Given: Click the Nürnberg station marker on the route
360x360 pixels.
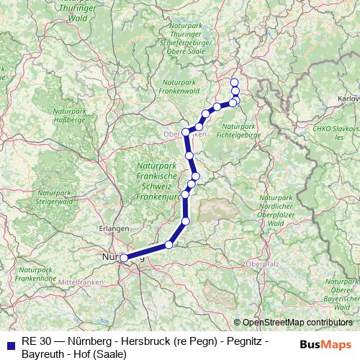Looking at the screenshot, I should (x=124, y=257).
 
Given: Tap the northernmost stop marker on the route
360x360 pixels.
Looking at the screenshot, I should (x=234, y=82).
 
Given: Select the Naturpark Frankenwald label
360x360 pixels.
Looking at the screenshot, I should (x=179, y=89).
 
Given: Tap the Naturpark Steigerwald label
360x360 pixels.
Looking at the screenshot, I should (x=55, y=198).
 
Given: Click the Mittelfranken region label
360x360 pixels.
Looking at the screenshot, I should (x=81, y=282).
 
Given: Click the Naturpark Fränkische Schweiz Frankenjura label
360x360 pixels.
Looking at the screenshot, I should (x=156, y=180).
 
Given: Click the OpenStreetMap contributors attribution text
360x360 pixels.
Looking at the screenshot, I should (x=297, y=323).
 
